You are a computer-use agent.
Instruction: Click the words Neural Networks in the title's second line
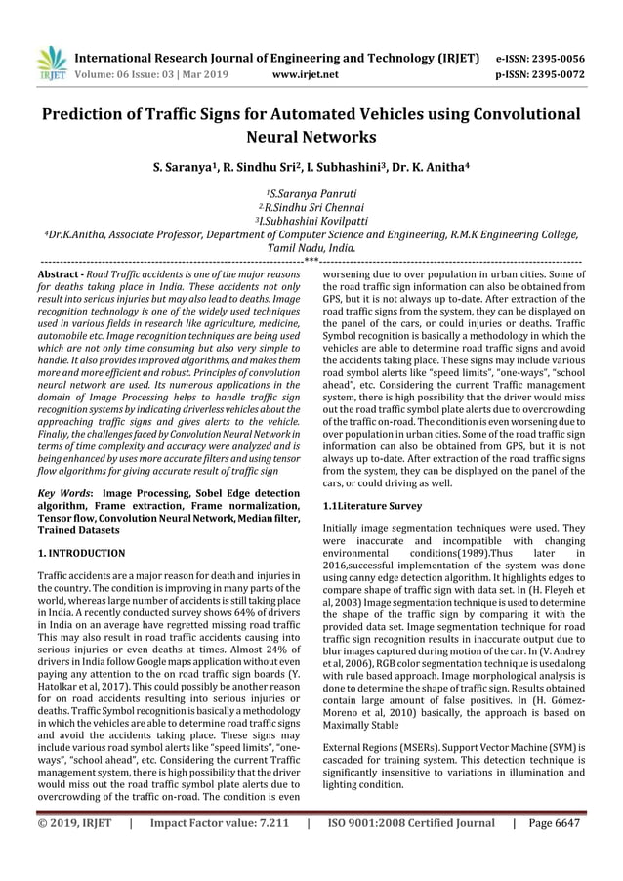[311, 138]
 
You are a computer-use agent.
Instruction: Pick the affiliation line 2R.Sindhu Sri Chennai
[311, 207]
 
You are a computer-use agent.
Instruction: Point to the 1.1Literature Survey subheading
[372, 506]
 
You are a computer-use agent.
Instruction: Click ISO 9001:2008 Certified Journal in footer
[411, 852]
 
